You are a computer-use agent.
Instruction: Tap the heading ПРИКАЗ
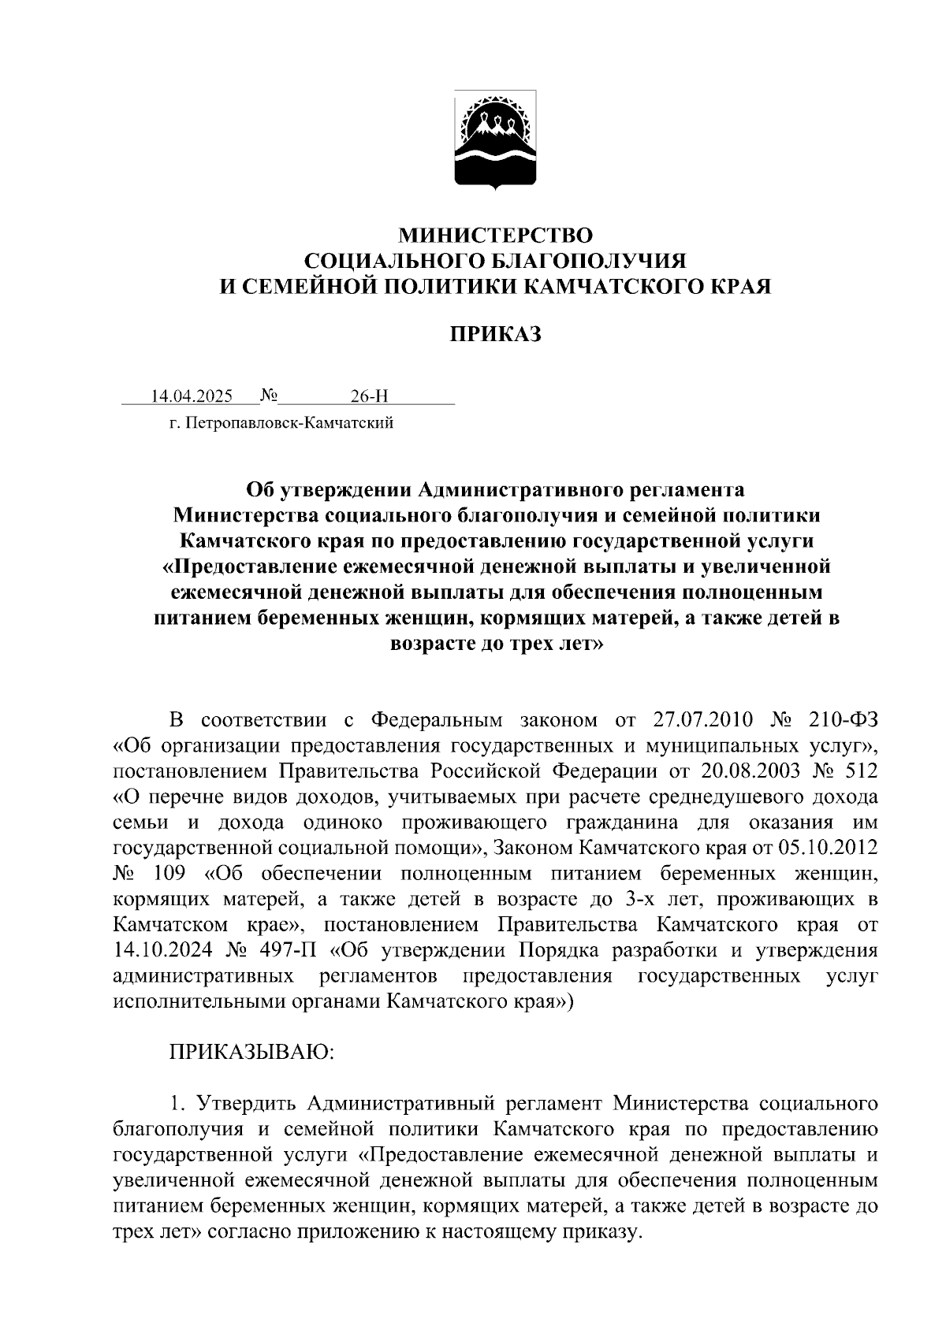coord(495,336)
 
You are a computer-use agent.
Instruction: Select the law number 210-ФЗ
coord(843,720)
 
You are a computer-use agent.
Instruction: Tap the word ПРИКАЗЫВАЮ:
coord(252,1052)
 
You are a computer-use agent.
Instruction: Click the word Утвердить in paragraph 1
coord(245,1103)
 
